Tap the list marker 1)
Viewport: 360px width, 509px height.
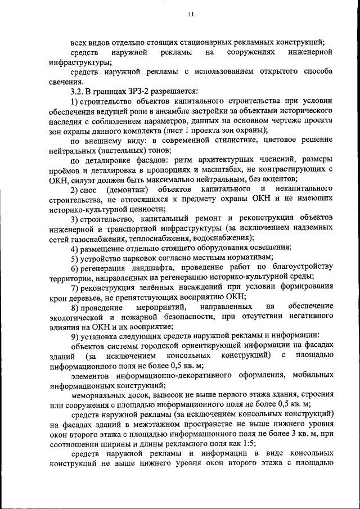click(75, 101)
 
